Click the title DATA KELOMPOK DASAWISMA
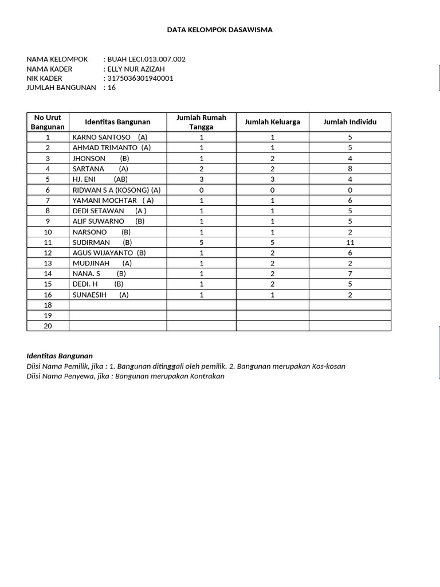click(219, 30)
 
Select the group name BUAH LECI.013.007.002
click(146, 59)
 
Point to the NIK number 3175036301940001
click(140, 78)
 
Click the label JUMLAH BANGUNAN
click(61, 88)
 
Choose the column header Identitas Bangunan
click(117, 122)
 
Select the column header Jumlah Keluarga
click(272, 122)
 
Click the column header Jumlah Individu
click(349, 122)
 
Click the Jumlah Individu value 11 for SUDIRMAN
click(350, 242)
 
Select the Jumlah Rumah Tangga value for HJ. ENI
click(201, 179)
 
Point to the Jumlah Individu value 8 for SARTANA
click(350, 169)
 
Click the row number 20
click(48, 326)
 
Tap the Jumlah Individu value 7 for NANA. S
click(350, 274)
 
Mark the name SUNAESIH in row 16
click(89, 295)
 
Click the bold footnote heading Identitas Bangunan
click(60, 356)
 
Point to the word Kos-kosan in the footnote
click(328, 366)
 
